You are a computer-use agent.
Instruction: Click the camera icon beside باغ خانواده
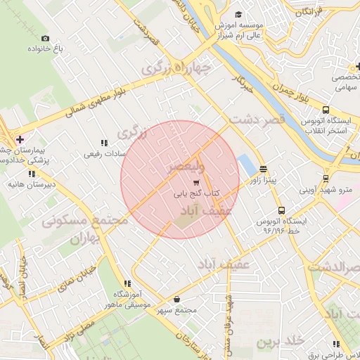click(x=46, y=38)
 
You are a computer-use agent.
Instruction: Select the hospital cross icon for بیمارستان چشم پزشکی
click(x=20, y=139)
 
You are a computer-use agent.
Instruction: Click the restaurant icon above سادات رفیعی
click(x=104, y=143)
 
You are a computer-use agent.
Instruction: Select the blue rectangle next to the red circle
click(x=247, y=166)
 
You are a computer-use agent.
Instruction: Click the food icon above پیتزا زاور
click(x=263, y=169)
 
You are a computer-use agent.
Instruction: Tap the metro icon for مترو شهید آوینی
click(x=325, y=178)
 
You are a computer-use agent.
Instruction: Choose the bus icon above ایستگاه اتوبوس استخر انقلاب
click(x=326, y=110)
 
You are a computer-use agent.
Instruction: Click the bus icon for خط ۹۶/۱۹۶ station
click(x=281, y=210)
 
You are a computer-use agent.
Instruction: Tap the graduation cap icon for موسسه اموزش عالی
click(x=238, y=15)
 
